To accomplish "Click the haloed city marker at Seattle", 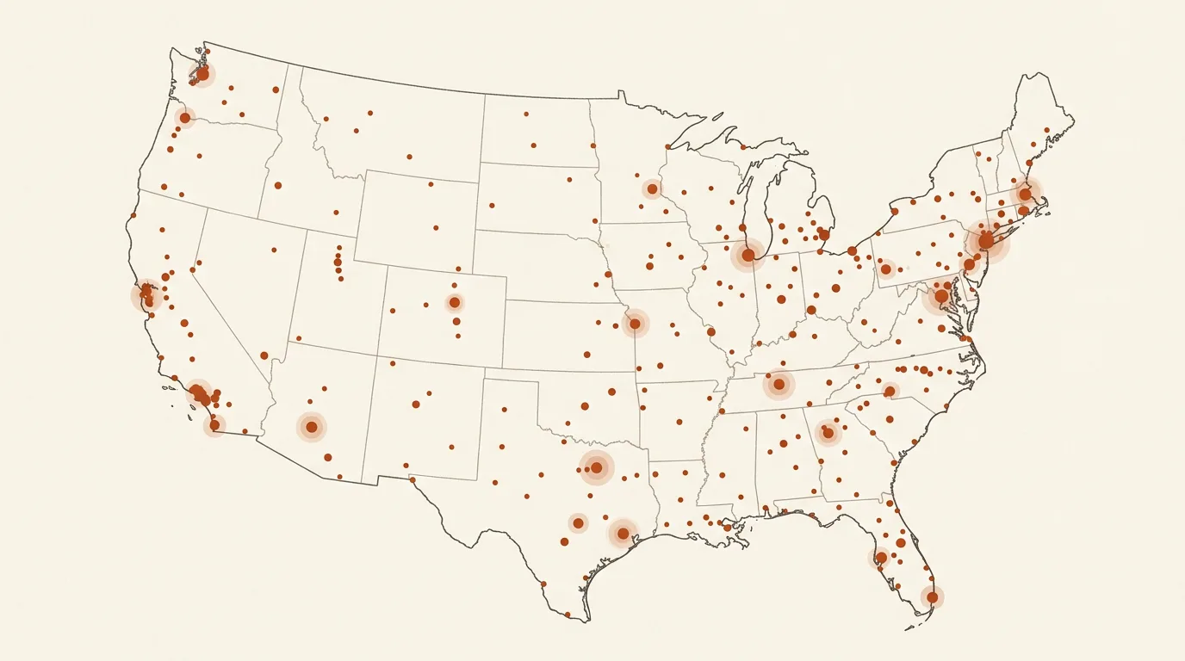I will tap(202, 74).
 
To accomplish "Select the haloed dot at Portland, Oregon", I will tap(184, 118).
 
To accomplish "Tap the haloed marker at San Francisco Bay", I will tap(146, 295).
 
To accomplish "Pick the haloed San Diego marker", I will tap(214, 425).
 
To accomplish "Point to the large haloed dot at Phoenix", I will tap(312, 427).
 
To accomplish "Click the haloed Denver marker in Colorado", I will tap(454, 302).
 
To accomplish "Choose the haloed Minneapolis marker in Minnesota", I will tap(652, 188).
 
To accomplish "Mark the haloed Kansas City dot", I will tap(635, 324).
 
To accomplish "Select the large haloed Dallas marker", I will tap(596, 467).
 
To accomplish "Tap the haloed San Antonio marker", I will tap(578, 522).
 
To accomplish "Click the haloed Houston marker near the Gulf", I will tap(623, 534).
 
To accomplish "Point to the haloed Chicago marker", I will tap(748, 255).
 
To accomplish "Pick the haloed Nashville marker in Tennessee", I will tap(779, 384).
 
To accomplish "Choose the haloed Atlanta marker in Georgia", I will tap(828, 433).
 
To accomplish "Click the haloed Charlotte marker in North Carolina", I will tap(890, 392).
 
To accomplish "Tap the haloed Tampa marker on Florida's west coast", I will tap(881, 558).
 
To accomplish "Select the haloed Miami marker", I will tap(932, 596).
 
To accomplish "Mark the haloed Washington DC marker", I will tap(941, 296).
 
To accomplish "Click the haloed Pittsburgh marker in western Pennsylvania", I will tap(885, 269).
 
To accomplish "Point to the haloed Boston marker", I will tap(1025, 194).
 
